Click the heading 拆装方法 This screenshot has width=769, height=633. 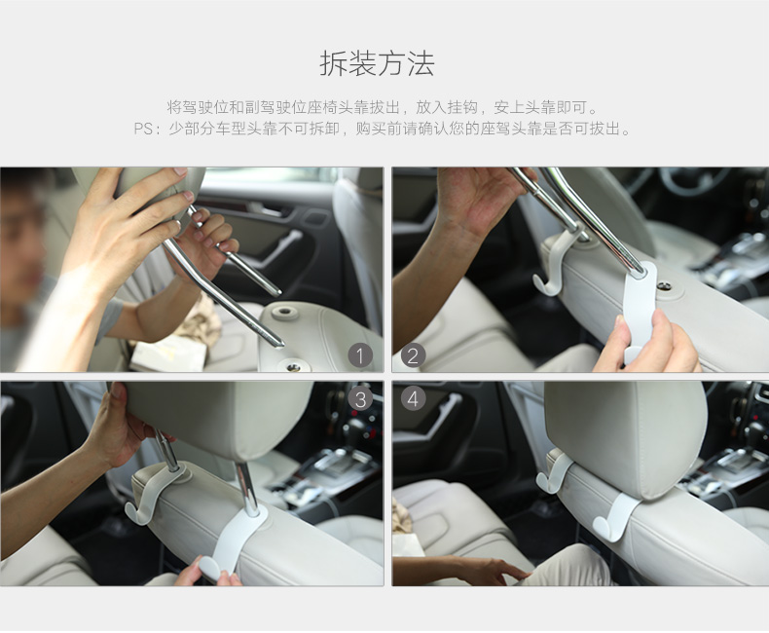coord(377,64)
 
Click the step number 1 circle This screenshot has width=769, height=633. coord(360,355)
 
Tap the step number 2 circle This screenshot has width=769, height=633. coord(413,355)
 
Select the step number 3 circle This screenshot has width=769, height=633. coord(360,398)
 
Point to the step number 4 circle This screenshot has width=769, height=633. coord(413,398)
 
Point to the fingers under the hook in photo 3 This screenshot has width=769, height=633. coord(209,577)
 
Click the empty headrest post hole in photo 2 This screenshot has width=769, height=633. coord(664,286)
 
